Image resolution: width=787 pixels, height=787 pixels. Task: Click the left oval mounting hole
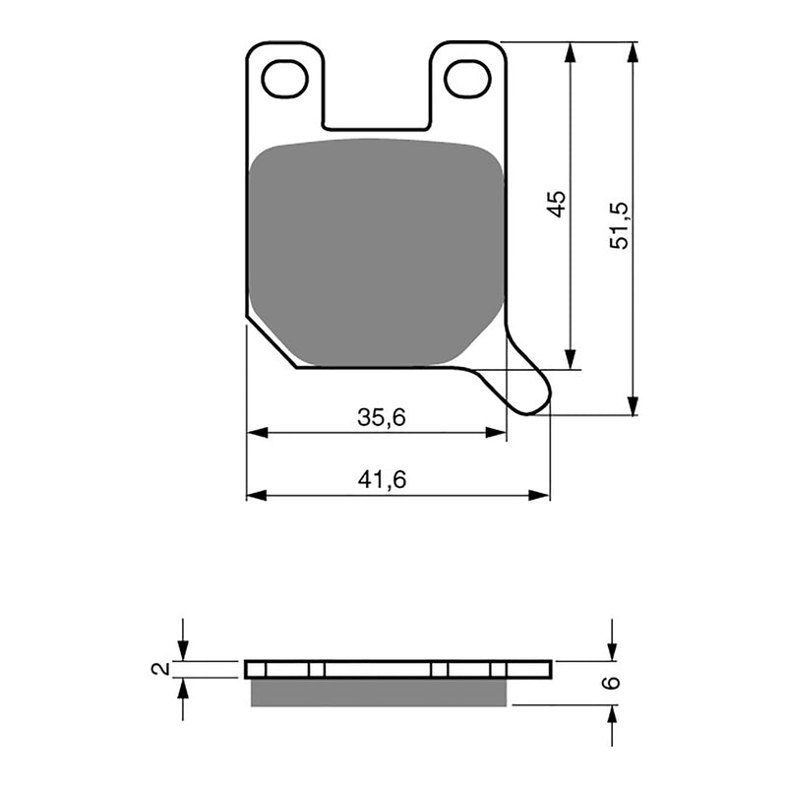(x=285, y=79)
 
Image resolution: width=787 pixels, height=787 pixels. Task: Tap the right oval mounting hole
(x=467, y=79)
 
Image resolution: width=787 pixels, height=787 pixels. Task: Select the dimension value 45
(x=556, y=204)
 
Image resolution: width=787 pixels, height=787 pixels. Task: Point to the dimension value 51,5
(x=619, y=223)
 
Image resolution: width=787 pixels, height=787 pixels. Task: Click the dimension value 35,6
(x=382, y=418)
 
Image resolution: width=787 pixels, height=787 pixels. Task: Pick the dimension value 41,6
(x=383, y=480)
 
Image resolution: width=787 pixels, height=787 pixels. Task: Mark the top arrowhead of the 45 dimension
(x=569, y=51)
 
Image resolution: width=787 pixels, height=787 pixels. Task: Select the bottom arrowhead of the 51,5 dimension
(x=633, y=405)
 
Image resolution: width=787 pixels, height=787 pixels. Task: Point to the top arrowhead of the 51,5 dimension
(x=633, y=51)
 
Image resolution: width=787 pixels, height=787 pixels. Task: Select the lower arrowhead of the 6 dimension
(x=612, y=714)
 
